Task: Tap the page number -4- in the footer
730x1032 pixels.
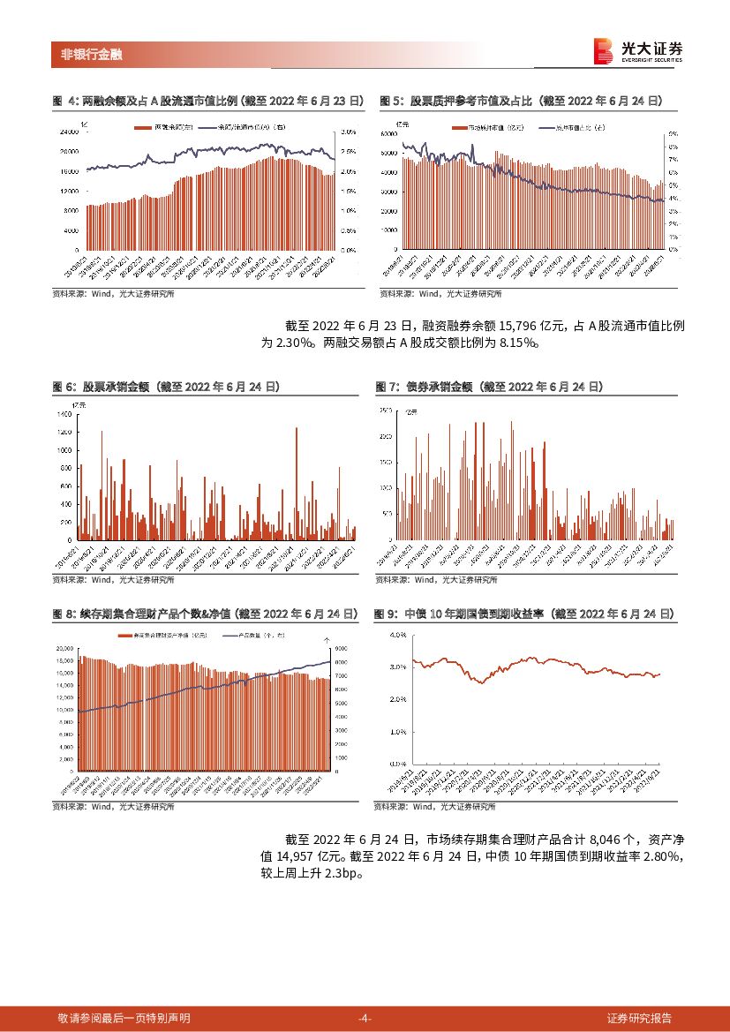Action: click(x=365, y=1018)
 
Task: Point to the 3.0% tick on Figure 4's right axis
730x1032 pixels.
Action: click(x=348, y=132)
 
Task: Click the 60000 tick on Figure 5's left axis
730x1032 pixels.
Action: click(x=388, y=133)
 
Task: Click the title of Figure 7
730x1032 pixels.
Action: click(x=489, y=387)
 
